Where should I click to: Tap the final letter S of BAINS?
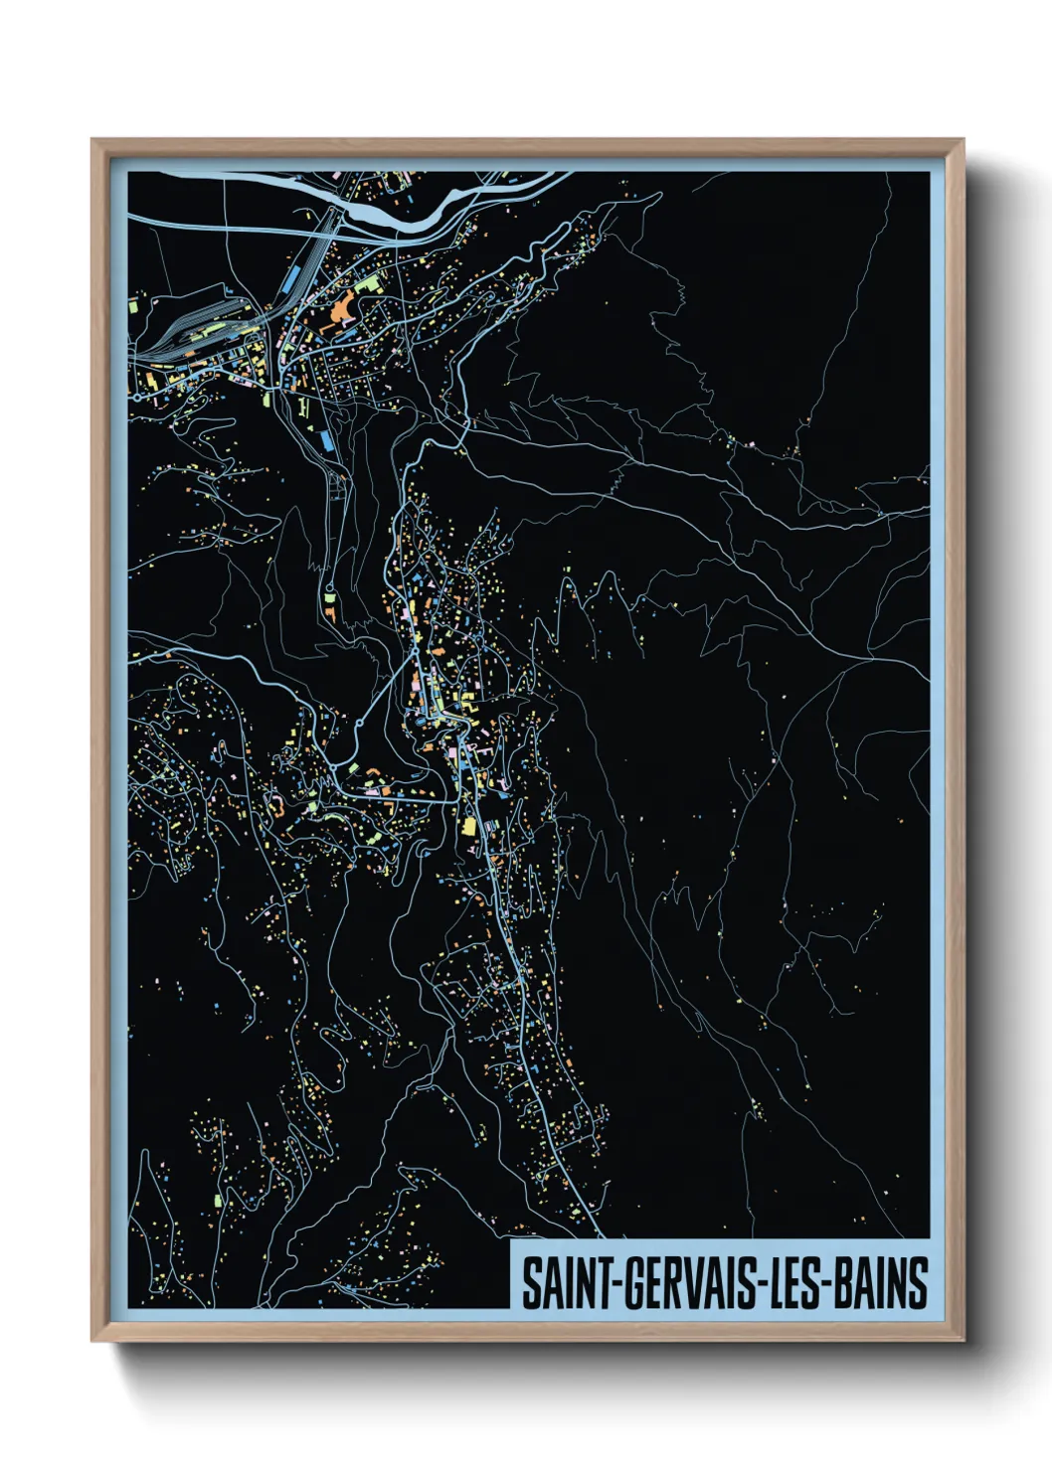(919, 1283)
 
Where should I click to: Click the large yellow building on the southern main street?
(467, 826)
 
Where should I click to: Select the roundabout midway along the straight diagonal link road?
(352, 766)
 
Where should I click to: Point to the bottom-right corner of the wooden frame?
(963, 1341)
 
